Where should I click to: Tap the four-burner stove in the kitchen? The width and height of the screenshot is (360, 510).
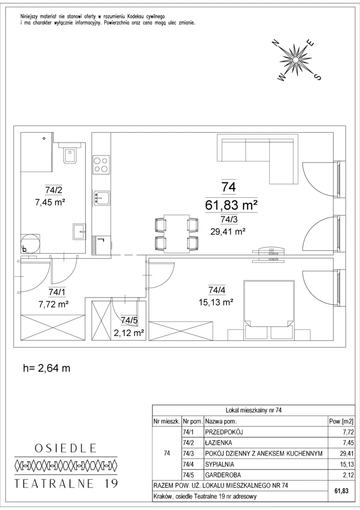[101, 165]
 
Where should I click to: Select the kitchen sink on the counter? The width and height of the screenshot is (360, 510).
[102, 198]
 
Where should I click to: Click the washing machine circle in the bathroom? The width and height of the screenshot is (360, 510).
[31, 244]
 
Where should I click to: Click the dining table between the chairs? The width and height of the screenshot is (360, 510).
[177, 233]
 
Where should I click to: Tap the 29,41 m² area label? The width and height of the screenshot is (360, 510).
[228, 231]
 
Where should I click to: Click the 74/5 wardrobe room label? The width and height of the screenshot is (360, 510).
[129, 320]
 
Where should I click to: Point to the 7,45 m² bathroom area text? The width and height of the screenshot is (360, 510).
[50, 202]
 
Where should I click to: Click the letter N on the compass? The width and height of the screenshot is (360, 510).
[276, 44]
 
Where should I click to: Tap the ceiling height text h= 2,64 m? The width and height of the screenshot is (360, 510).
[47, 368]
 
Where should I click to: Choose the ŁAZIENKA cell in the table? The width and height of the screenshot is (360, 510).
[218, 442]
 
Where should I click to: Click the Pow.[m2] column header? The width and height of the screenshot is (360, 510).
[341, 421]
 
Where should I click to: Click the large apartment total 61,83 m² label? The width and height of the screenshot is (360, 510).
[231, 205]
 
